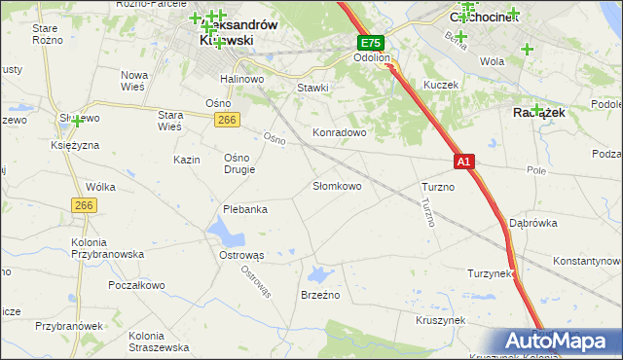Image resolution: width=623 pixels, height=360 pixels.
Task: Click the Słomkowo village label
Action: coord(337,186)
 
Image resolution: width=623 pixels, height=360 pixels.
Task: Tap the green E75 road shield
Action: coord(370,44)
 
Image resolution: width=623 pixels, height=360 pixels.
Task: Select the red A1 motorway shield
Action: coord(463,162)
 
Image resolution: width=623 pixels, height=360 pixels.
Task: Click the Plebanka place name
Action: coord(245,209)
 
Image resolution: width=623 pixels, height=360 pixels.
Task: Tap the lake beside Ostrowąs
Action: coord(225,233)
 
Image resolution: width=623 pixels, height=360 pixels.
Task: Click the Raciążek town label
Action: coord(533,113)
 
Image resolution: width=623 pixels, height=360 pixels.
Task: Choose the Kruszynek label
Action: coord(440,319)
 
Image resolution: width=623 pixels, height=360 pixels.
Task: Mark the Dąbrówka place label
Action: coord(532,223)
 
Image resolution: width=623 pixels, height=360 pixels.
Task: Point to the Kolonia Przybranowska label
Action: coord(107,247)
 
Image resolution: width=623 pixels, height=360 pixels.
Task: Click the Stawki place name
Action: coord(312,87)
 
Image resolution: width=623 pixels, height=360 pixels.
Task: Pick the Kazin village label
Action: coord(186,160)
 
